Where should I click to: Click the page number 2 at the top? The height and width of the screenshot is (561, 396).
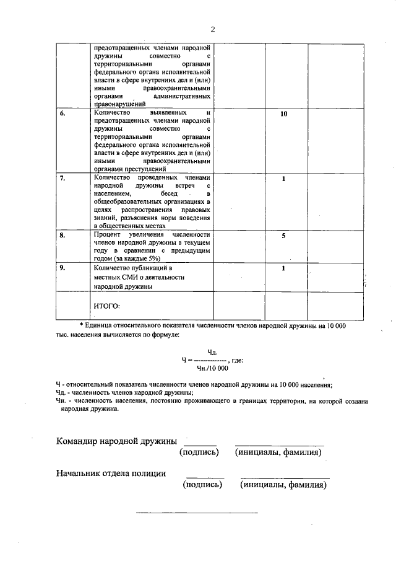pos(212,29)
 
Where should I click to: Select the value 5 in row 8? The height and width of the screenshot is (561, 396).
pos(283,236)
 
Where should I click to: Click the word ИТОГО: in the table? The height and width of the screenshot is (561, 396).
pos(106,306)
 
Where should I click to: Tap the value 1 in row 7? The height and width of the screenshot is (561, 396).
pos(283,179)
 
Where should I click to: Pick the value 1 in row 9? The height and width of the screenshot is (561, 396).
pos(283,268)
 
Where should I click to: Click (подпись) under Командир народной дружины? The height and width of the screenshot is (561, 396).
pos(199,453)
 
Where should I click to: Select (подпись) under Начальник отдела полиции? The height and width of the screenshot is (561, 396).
pos(202,485)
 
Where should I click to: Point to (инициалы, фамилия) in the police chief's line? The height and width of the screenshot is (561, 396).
pos(284,485)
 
